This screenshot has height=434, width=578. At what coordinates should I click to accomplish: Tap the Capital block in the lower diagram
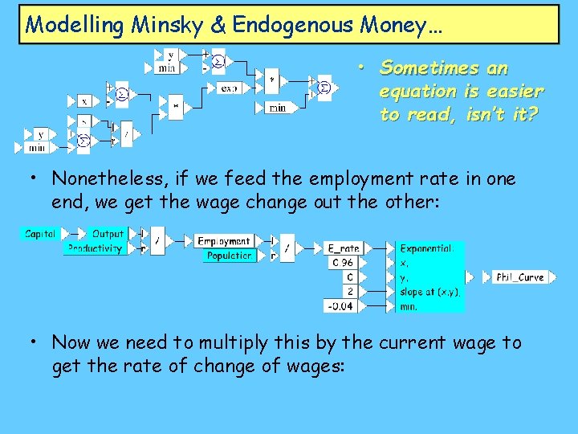tap(40, 234)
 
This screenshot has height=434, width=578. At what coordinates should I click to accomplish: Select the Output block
tap(108, 234)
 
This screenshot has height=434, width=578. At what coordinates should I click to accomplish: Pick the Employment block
tap(224, 241)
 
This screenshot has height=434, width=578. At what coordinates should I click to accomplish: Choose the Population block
tap(229, 256)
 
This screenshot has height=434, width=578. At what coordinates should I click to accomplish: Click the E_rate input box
tap(344, 248)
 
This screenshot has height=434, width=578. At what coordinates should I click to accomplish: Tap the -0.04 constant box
tap(340, 305)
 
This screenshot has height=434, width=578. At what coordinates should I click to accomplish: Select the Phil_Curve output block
tap(519, 277)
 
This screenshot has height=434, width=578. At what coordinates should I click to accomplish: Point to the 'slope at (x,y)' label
tap(430, 291)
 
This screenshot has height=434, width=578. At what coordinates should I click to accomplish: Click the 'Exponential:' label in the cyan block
tap(427, 248)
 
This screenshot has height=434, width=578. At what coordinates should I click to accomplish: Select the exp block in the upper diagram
tap(229, 88)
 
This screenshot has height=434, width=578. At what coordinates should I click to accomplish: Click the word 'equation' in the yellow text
tap(413, 92)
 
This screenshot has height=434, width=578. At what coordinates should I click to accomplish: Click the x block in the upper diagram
tap(84, 101)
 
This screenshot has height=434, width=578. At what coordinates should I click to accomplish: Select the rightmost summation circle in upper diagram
tap(324, 88)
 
